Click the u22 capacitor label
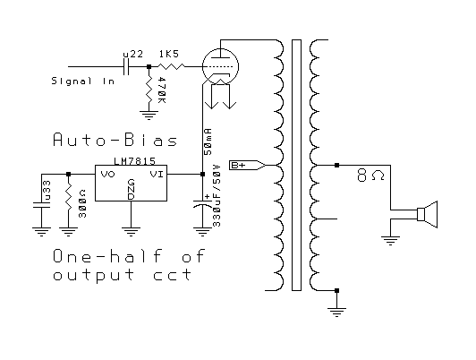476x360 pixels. tap(133, 54)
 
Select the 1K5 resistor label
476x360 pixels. tap(169, 54)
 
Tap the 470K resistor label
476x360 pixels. tap(162, 90)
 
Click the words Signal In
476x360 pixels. tap(83, 81)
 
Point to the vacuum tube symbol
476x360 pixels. tap(220, 67)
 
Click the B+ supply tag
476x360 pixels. tap(248, 165)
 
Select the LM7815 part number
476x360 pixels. tap(135, 161)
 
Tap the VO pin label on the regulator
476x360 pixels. tap(107, 175)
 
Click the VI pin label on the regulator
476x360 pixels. tap(157, 175)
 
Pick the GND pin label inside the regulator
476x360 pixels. tap(131, 190)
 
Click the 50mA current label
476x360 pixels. tap(208, 141)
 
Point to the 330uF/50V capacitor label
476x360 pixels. tap(217, 195)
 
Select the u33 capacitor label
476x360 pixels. tap(47, 191)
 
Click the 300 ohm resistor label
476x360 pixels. tap(82, 203)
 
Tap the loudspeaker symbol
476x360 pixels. tap(428, 214)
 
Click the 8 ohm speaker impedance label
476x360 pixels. tap(370, 176)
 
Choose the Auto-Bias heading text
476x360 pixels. tap(115, 140)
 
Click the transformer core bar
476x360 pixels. tap(296, 165)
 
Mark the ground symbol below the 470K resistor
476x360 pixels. tap(149, 116)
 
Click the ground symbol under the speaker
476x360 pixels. tap(390, 241)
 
